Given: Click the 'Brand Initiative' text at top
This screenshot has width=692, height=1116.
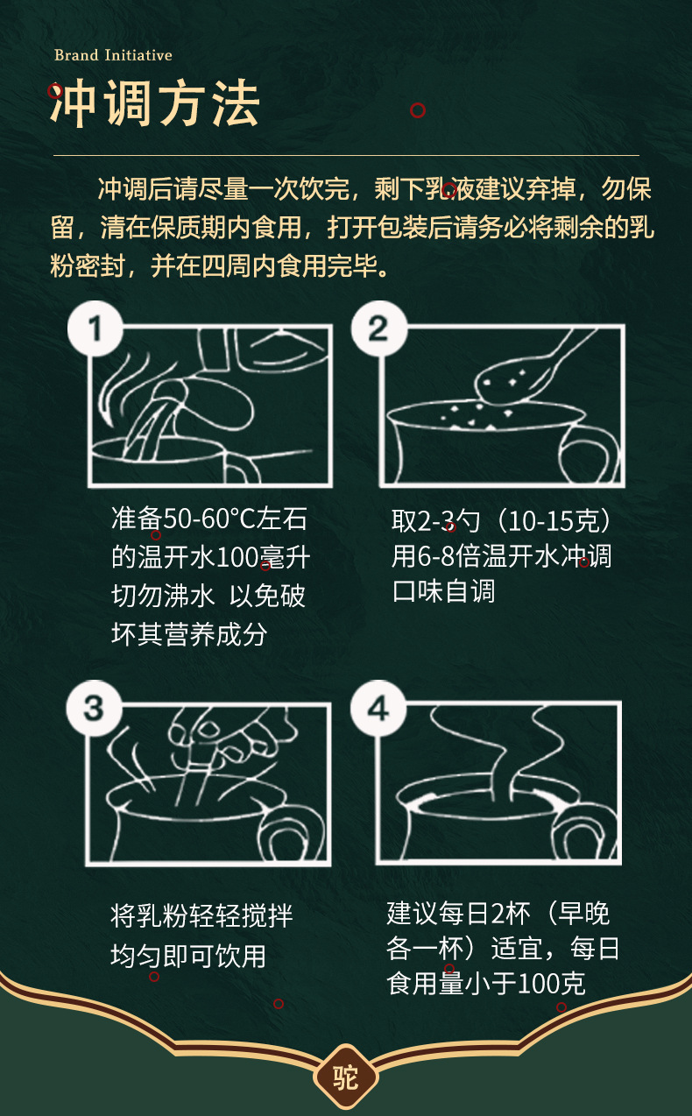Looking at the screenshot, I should tap(113, 55).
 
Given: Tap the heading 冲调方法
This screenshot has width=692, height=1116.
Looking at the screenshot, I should tap(155, 106).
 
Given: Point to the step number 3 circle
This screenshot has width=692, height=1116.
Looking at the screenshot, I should tap(93, 708).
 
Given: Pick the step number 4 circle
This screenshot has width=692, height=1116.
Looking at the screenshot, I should tap(378, 708).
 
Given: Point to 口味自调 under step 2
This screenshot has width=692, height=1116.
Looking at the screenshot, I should tap(443, 591).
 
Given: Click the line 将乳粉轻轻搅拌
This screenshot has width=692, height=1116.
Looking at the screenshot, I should tap(201, 916).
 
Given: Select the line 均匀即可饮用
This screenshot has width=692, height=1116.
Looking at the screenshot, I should tap(188, 955).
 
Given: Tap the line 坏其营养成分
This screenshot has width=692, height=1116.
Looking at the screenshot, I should tap(188, 633).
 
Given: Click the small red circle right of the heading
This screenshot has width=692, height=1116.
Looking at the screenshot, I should tap(418, 110).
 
